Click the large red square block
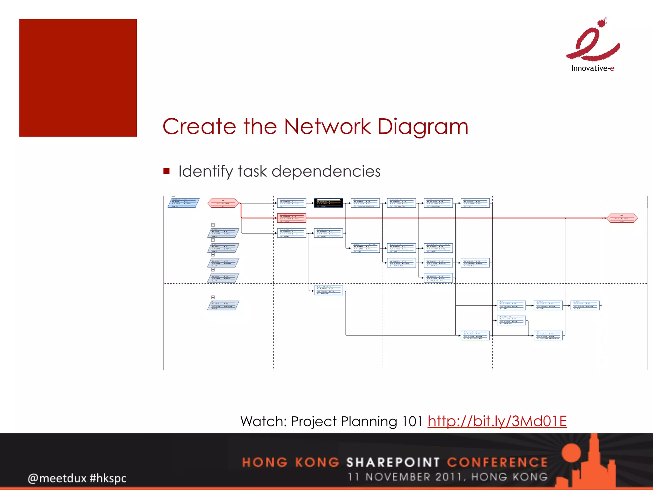click(78, 78)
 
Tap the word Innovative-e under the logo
click(592, 68)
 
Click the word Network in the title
click(327, 127)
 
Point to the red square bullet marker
click(166, 171)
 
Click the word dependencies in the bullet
click(326, 172)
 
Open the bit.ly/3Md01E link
click(497, 421)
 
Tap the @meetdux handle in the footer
click(57, 478)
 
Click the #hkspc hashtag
click(108, 478)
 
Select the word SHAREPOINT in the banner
click(393, 462)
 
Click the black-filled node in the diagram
click(328, 203)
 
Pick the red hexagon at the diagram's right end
click(622, 218)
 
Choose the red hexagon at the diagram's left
click(223, 203)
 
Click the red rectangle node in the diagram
click(291, 218)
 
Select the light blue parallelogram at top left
click(183, 203)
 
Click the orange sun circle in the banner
click(571, 453)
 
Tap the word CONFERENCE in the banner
click(497, 462)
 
